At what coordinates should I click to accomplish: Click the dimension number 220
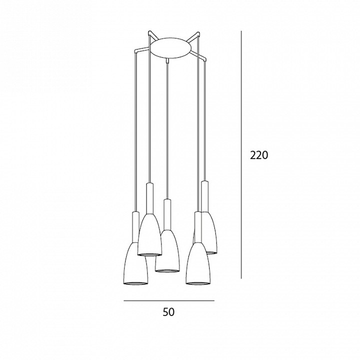tap(259, 155)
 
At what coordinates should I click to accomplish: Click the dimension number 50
tap(169, 312)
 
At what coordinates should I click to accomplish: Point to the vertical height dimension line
tap(241, 154)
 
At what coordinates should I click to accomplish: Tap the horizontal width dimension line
tap(169, 300)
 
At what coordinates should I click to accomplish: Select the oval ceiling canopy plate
tap(170, 48)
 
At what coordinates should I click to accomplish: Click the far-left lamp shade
tap(135, 264)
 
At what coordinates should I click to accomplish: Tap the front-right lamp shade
tap(198, 264)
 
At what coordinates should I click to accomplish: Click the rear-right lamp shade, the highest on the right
tap(209, 232)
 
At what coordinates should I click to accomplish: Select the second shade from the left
tap(149, 234)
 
